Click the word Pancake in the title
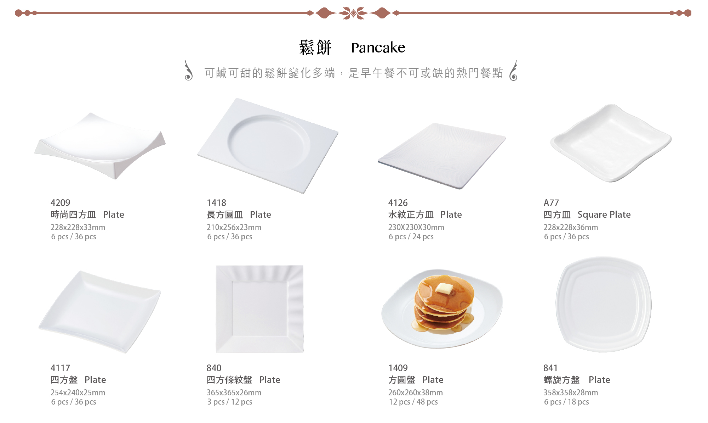click(378, 48)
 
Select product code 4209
click(61, 203)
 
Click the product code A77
click(551, 203)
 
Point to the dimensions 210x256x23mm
click(234, 227)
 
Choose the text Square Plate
click(604, 215)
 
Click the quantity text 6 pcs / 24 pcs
click(411, 236)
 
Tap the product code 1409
click(398, 368)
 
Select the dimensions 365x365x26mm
click(234, 393)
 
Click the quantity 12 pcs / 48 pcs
click(413, 402)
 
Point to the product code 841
click(550, 368)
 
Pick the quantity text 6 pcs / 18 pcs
click(566, 402)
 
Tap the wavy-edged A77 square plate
click(611, 143)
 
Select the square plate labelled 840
click(259, 309)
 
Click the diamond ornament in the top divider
click(353, 13)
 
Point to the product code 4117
click(60, 368)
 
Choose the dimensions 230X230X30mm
click(416, 227)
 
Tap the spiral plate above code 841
click(604, 304)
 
